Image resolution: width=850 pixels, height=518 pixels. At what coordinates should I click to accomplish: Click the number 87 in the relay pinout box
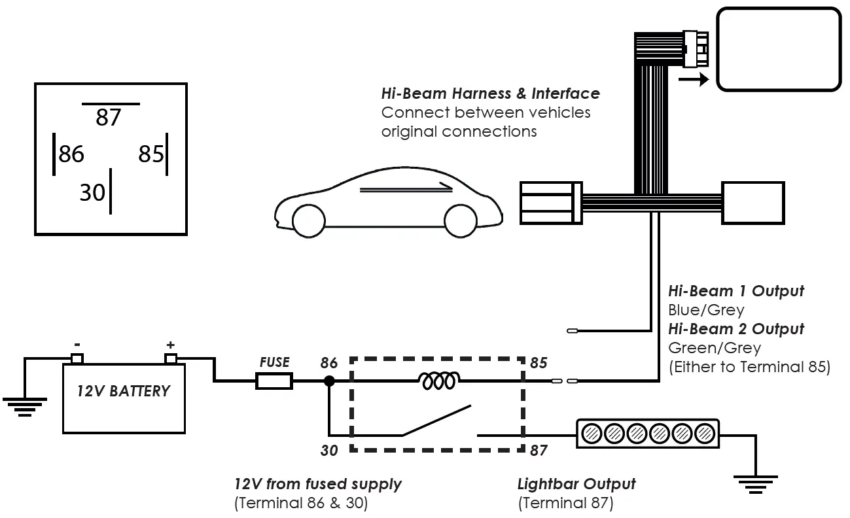pos(109,118)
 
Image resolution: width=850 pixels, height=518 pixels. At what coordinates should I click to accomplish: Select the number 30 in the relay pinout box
pos(92,192)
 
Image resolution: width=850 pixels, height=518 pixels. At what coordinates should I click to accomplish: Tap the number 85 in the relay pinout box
pos(151,154)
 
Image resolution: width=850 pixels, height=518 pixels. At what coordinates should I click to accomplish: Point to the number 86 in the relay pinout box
pos(71,154)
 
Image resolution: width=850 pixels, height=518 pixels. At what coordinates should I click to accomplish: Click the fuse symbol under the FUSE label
pos(274,381)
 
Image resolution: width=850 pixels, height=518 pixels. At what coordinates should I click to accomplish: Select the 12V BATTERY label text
pos(123,392)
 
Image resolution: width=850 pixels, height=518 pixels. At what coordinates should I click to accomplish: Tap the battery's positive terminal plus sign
pos(171,345)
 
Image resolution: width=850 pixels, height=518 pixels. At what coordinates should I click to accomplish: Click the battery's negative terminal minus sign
pos(77,345)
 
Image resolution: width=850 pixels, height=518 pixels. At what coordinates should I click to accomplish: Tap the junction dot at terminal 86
pos(329,381)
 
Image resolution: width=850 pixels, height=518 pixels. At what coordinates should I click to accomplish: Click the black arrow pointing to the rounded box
pos(693,80)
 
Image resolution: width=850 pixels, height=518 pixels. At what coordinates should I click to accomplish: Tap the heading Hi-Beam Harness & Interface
pos(490,94)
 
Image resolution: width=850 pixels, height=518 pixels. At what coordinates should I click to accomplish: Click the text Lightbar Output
pos(576,484)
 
